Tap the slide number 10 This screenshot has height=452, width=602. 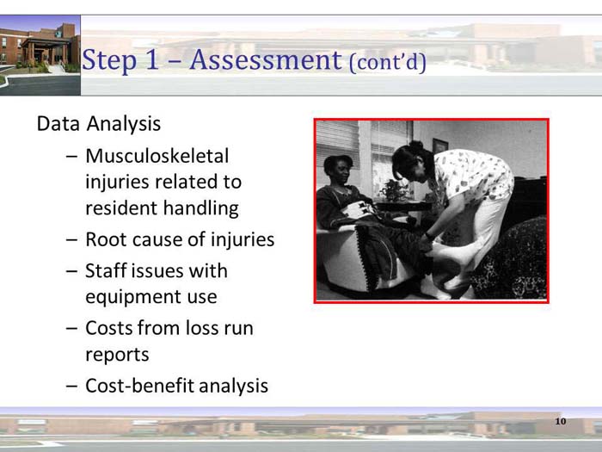tap(561, 421)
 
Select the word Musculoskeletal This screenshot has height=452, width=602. tap(157, 156)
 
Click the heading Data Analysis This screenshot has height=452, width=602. tap(98, 124)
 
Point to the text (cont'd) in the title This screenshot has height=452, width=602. tap(387, 64)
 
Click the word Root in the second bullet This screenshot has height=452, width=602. tap(107, 239)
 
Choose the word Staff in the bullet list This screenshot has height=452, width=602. tap(107, 270)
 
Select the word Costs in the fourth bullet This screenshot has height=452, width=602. tap(110, 328)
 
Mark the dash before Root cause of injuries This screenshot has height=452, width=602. tap(71, 240)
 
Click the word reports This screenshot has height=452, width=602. tap(117, 355)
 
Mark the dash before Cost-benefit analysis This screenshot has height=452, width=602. tap(71, 386)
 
